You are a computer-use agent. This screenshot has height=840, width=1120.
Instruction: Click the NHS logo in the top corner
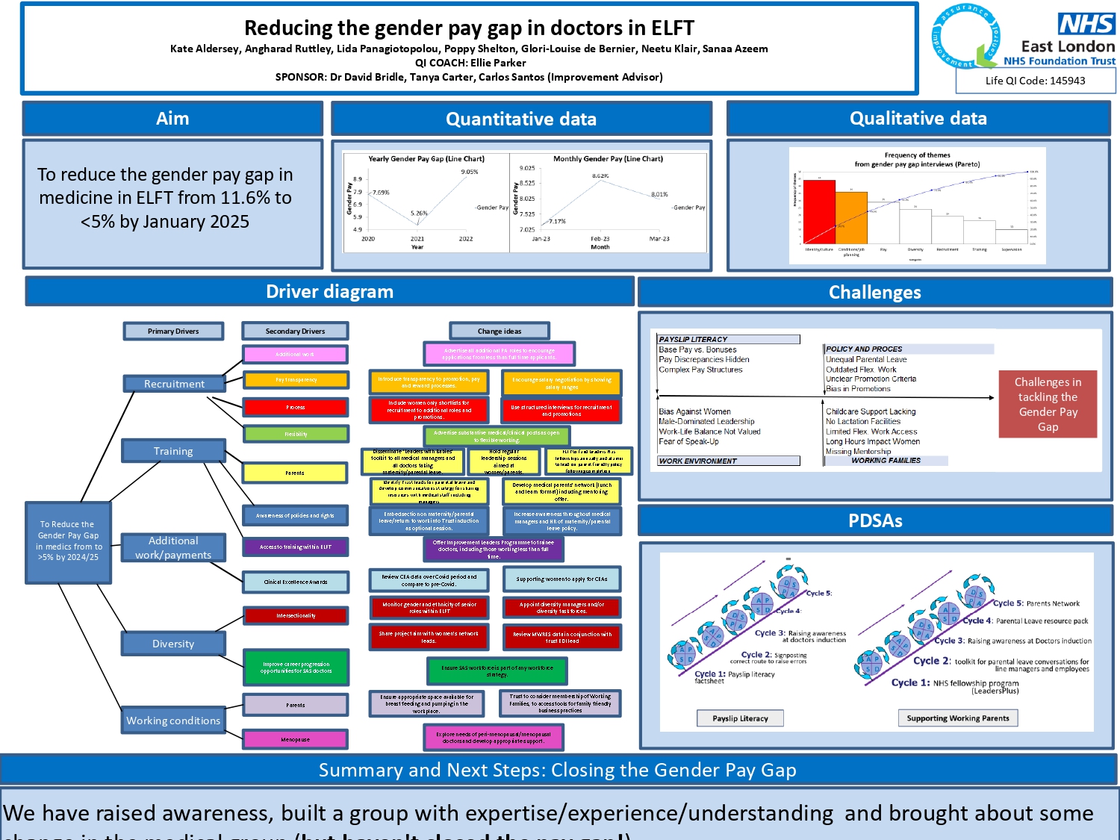pos(1086,24)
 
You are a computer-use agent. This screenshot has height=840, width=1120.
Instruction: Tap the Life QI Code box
pos(1035,81)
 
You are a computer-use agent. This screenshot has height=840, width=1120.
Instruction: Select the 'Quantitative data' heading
pos(521,119)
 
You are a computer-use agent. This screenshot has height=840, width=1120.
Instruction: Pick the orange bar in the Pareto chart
pos(851,217)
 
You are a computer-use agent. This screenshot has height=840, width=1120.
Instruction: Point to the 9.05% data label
pos(469,172)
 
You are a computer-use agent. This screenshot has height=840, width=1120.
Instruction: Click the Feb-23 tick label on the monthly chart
pos(600,239)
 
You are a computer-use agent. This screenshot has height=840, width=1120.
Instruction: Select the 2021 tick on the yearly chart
pos(417,239)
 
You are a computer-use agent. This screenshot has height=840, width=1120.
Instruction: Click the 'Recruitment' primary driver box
pos(174,384)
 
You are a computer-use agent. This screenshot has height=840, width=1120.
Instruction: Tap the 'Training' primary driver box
pos(173,451)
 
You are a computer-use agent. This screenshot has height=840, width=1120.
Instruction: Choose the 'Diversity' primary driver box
pos(173,644)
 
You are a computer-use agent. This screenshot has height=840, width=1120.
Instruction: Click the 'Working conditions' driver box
pos(173,721)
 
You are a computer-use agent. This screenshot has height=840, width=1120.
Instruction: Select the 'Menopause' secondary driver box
pos(296,739)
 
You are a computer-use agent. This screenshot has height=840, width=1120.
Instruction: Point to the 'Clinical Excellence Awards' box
pos(296,582)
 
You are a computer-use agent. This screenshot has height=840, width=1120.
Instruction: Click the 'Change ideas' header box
pos(500,331)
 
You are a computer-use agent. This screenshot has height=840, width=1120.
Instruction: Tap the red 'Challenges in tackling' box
pos(1048,404)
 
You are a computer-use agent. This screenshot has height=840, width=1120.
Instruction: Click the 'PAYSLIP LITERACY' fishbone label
pos(694,339)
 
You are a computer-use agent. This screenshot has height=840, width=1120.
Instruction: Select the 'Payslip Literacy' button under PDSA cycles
pos(740,718)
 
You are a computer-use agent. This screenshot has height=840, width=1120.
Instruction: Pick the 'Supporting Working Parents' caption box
pos(957,718)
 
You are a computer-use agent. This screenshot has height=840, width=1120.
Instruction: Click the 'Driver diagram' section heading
pos(329,292)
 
